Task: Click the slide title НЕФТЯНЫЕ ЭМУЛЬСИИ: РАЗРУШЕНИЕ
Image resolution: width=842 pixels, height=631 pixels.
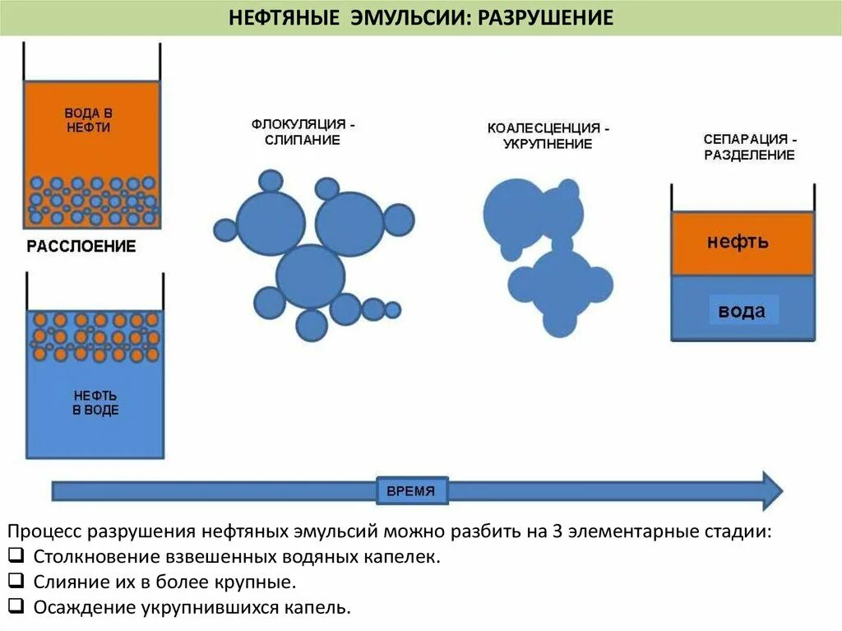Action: click(x=420, y=17)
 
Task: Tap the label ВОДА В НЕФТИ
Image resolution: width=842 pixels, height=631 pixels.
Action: click(x=87, y=120)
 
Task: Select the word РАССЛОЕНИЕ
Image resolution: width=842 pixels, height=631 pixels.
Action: click(x=81, y=246)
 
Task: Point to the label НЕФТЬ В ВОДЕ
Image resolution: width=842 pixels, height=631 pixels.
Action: click(x=95, y=402)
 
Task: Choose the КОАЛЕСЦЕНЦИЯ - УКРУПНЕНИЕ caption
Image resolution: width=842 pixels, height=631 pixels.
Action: click(x=548, y=137)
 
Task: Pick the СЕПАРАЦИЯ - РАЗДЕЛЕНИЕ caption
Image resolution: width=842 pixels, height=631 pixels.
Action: click(x=749, y=147)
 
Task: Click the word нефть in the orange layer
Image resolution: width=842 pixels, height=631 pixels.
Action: click(x=738, y=242)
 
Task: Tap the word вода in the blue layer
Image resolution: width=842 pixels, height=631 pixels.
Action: click(x=742, y=311)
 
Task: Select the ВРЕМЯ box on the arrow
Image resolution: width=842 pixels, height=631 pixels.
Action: click(x=413, y=491)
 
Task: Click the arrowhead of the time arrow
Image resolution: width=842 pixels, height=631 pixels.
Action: click(x=771, y=490)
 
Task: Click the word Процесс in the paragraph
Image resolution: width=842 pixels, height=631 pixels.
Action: click(x=49, y=531)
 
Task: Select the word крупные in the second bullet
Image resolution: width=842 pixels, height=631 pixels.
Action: click(x=257, y=582)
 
